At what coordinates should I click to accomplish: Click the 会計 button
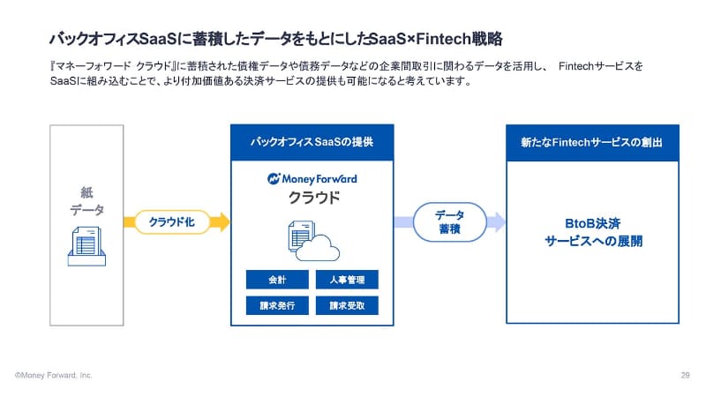pyautogui.click(x=277, y=280)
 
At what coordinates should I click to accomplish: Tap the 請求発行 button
pyautogui.click(x=277, y=306)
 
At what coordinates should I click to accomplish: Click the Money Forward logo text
pyautogui.click(x=312, y=178)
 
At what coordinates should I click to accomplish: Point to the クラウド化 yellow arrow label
pyautogui.click(x=172, y=221)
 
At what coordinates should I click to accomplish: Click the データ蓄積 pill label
pyautogui.click(x=449, y=221)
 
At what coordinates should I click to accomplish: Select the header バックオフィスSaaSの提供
pyautogui.click(x=311, y=141)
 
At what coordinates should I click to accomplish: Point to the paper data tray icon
pyautogui.click(x=87, y=245)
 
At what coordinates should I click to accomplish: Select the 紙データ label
pyautogui.click(x=86, y=200)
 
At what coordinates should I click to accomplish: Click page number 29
pyautogui.click(x=685, y=375)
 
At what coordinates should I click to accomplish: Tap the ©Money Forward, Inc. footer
pyautogui.click(x=53, y=375)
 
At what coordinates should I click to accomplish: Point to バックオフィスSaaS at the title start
pyautogui.click(x=105, y=39)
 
